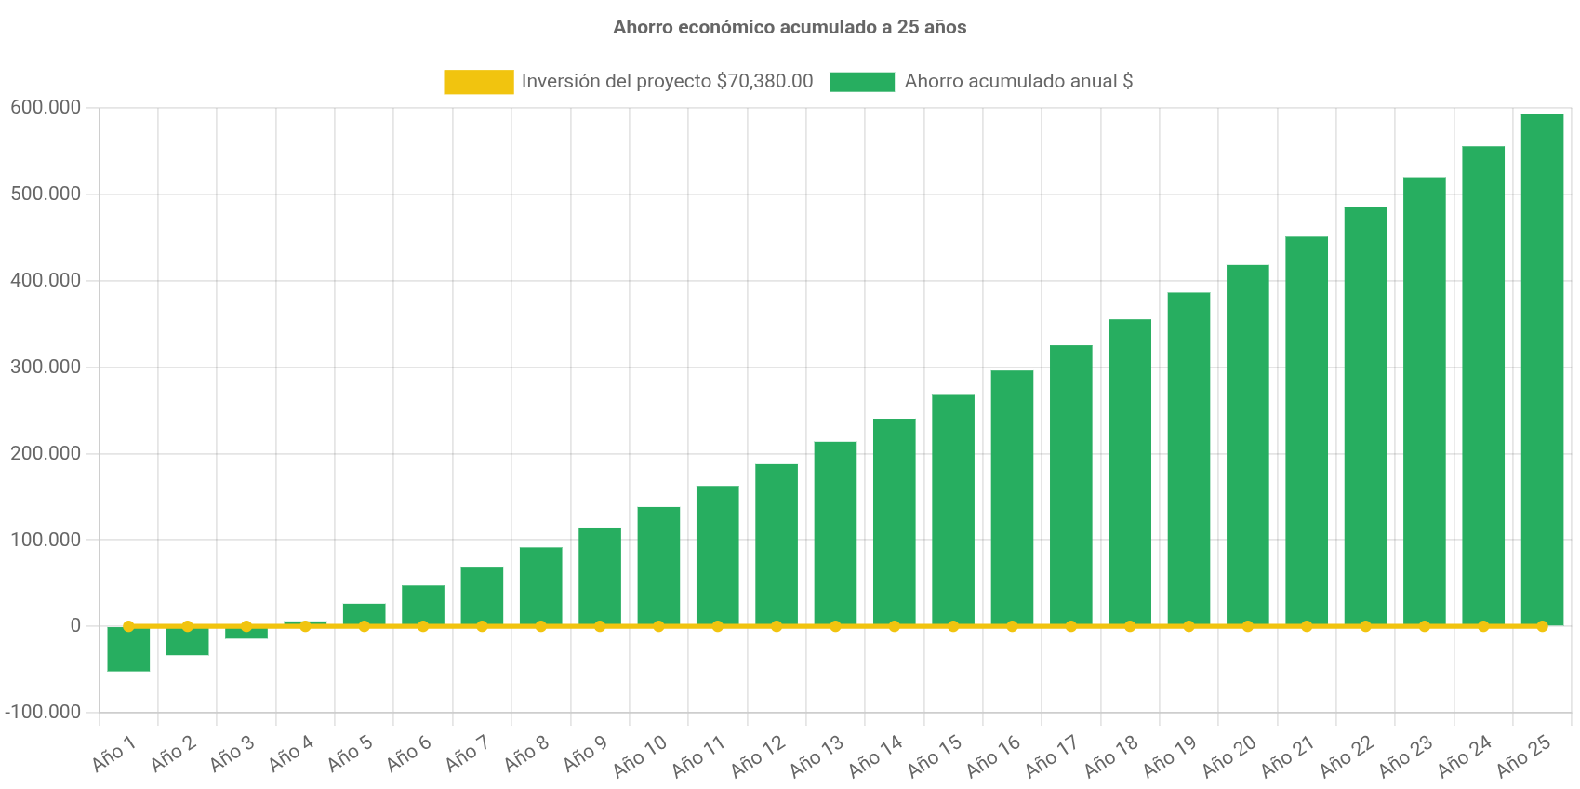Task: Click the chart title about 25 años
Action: [790, 27]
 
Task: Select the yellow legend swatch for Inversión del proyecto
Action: [478, 82]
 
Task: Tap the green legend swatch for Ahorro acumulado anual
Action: [862, 82]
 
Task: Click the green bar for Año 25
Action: [1541, 368]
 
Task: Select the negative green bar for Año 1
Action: [128, 649]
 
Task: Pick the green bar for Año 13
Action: [835, 532]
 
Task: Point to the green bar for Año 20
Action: [1247, 445]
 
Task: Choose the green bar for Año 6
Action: [422, 605]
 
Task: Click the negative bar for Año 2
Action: [187, 642]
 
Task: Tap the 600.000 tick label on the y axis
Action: [46, 107]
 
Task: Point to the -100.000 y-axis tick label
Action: [43, 712]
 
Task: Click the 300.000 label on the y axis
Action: [46, 367]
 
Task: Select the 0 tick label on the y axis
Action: [75, 625]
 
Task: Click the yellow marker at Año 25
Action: [1542, 626]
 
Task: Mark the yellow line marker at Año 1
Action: [128, 626]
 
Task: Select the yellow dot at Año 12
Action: [777, 626]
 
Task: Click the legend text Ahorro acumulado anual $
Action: [1018, 81]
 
